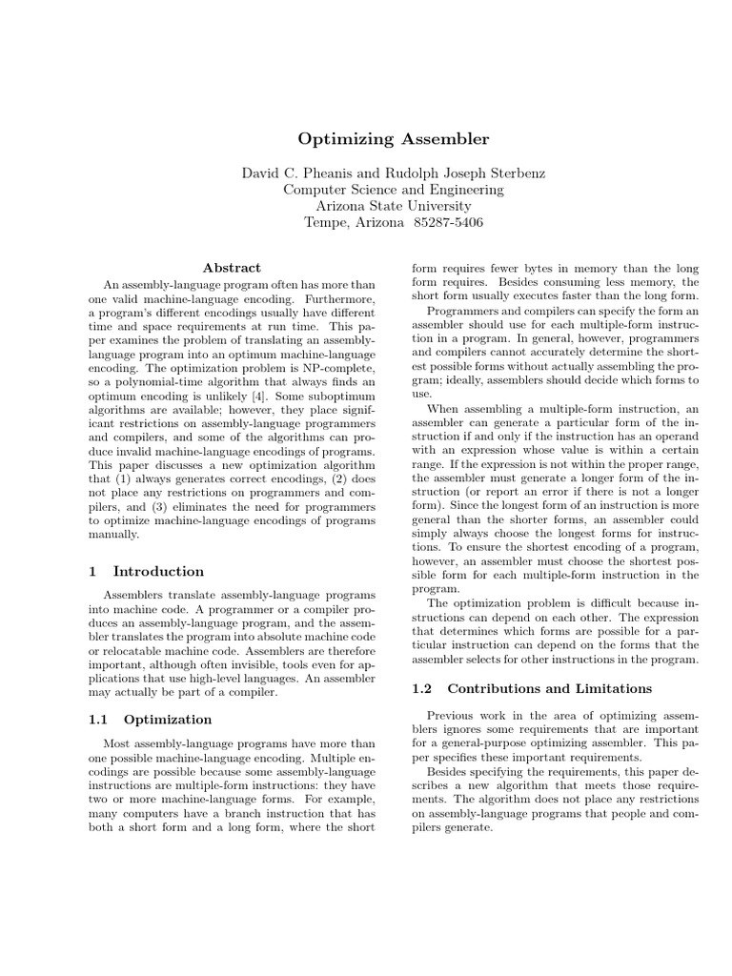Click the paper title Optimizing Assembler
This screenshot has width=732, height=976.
[394, 139]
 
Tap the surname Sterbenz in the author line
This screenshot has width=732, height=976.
[511, 173]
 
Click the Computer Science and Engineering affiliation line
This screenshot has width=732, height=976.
[394, 189]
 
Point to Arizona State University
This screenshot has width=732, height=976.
[394, 205]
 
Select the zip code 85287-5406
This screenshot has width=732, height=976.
[449, 222]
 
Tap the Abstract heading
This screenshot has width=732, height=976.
[232, 268]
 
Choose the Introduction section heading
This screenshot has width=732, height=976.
[158, 572]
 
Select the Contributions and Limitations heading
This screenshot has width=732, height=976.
[550, 688]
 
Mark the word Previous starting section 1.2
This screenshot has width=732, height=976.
[452, 716]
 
